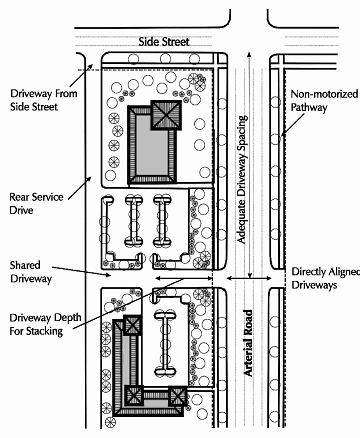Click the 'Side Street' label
click(164, 42)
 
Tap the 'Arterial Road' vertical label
click(248, 343)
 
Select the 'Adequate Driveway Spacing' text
click(242, 179)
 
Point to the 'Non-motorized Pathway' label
click(324, 101)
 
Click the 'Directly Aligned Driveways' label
click(326, 278)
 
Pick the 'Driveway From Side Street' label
click(44, 100)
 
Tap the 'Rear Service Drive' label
click(36, 203)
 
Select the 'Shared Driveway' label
click(31, 272)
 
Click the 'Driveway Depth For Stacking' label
click(45, 324)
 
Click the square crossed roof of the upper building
click(166, 115)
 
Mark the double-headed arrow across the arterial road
click(249, 278)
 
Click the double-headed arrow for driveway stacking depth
click(184, 278)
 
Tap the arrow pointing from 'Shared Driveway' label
click(81, 271)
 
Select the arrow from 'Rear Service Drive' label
click(80, 188)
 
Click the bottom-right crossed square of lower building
click(177, 396)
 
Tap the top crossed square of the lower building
click(133, 325)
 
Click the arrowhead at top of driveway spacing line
click(249, 54)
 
